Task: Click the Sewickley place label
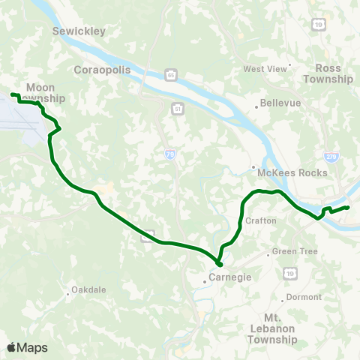79,31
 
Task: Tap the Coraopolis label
103,69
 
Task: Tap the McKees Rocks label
292,172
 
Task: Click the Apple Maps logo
27,347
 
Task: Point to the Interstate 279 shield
331,156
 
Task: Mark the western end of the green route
12,94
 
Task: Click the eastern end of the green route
348,207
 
